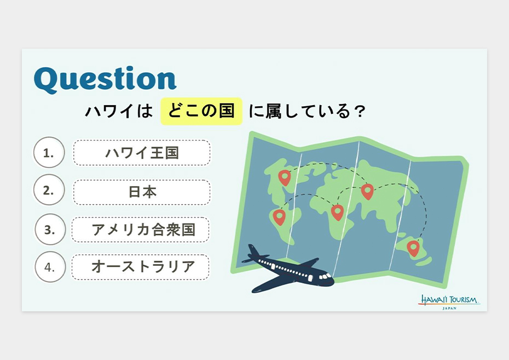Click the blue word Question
click(105, 79)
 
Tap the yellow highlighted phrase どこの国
click(201, 111)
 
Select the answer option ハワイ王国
click(142, 153)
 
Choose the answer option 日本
click(142, 192)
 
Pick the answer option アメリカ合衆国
click(141, 229)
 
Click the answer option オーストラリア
click(141, 267)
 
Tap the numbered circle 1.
click(49, 152)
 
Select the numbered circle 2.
click(49, 190)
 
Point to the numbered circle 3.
click(50, 229)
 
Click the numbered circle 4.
click(50, 267)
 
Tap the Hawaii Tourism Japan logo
click(449, 302)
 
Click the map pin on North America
click(285, 177)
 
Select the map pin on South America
click(279, 217)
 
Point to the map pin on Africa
click(337, 212)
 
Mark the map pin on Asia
click(367, 191)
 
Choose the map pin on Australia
click(413, 248)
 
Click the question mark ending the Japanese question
click(360, 112)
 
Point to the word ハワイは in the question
click(119, 111)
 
